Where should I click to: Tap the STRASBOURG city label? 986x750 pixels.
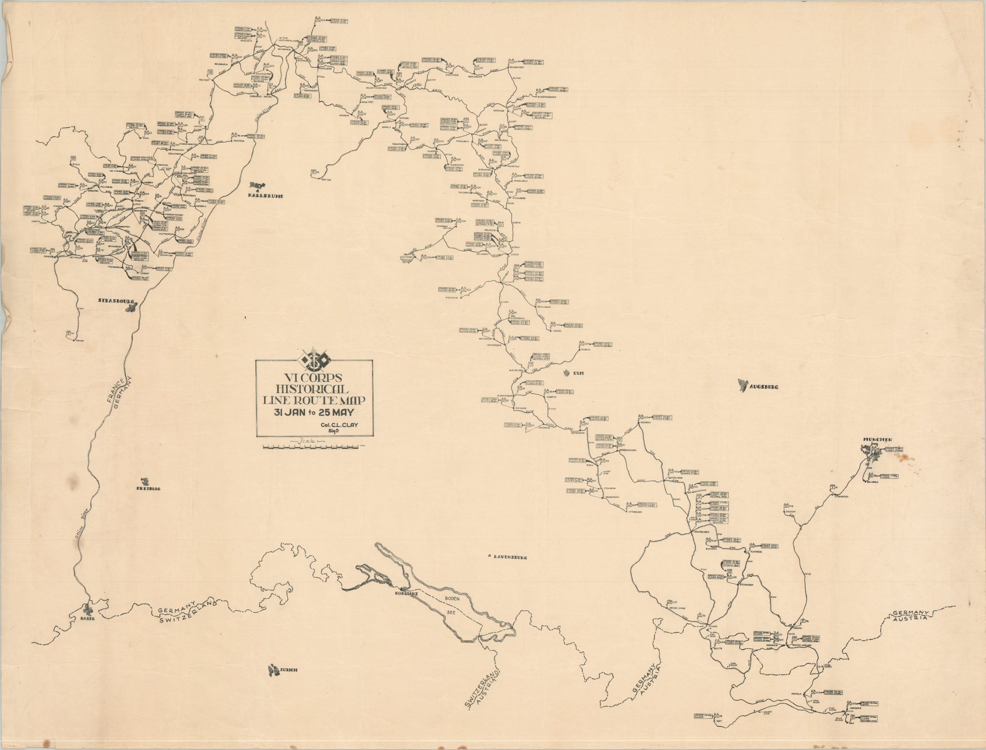tap(116, 301)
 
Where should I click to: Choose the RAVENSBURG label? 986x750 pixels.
tap(510, 557)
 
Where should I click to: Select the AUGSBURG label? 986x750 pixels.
tap(764, 387)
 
